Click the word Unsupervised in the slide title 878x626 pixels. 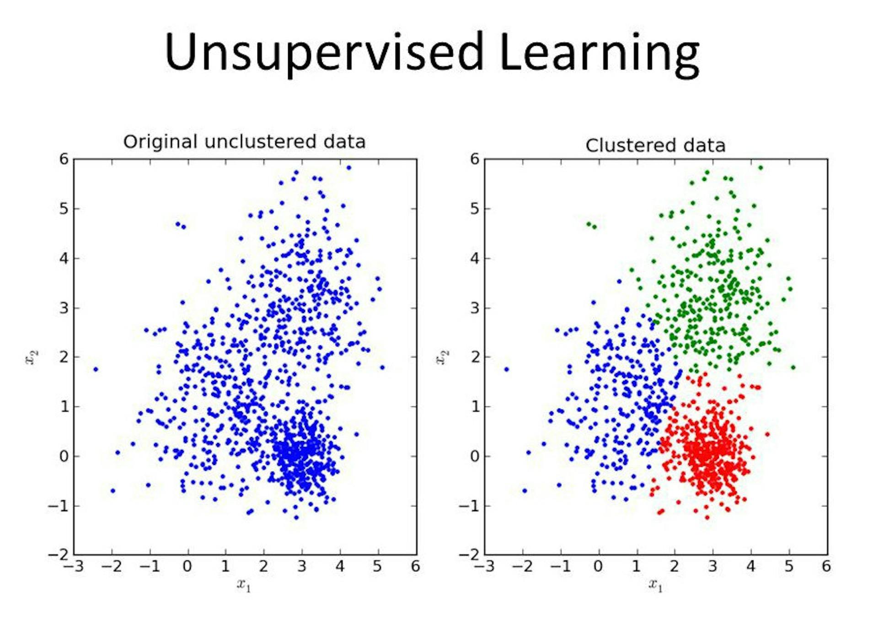[x=324, y=53]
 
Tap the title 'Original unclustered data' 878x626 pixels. [x=244, y=142]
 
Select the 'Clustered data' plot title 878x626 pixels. [x=655, y=146]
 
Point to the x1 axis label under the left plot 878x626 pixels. [x=244, y=585]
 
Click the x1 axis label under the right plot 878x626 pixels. [x=655, y=585]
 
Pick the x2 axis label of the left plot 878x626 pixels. [x=32, y=357]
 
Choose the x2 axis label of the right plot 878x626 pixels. [x=442, y=357]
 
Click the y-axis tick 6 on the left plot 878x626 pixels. [x=64, y=159]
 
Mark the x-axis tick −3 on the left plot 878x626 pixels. [x=74, y=567]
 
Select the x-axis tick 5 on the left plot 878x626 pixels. [x=378, y=567]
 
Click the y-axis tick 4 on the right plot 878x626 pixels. [x=475, y=258]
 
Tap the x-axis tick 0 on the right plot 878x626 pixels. [x=598, y=567]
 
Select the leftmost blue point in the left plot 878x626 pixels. [x=96, y=369]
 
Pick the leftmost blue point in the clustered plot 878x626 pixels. [x=507, y=369]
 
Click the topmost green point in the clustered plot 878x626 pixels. [x=760, y=167]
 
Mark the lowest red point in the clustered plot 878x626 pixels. [x=707, y=518]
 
